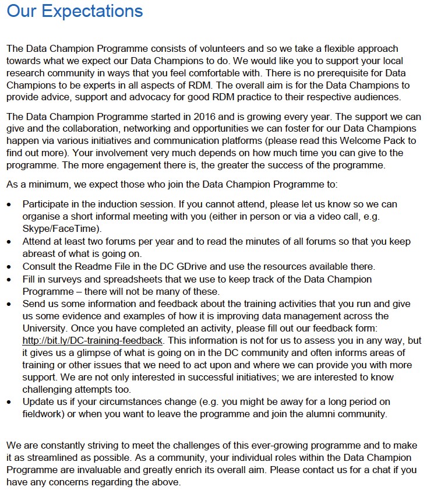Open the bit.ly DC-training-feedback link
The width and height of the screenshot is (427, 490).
pos(93,340)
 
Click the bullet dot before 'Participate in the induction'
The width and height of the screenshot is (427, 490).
pos(9,204)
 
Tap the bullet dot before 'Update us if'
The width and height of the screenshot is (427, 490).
pos(9,402)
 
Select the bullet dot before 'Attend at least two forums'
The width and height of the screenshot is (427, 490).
pos(9,241)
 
